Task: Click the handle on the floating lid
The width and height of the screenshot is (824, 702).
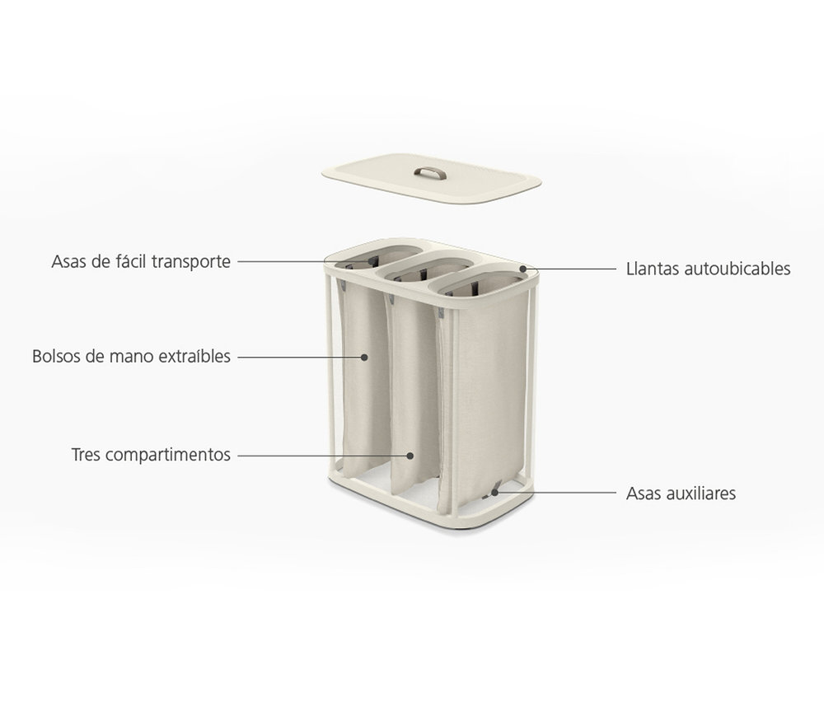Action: [x=430, y=172]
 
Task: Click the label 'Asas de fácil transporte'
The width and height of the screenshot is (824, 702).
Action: [x=141, y=262]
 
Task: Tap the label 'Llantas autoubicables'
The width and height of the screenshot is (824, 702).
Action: [x=709, y=269]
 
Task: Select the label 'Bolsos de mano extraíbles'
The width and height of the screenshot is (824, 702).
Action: [x=131, y=356]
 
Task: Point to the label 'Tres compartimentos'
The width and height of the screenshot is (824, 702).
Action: [x=151, y=455]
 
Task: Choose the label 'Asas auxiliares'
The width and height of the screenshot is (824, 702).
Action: [x=681, y=494]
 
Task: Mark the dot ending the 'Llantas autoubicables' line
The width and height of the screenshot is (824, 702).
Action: [x=523, y=269]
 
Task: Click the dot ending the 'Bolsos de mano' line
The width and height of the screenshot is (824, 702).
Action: [x=364, y=357]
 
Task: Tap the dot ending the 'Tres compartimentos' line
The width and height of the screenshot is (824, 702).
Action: [x=410, y=456]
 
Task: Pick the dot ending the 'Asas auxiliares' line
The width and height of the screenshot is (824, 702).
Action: [x=494, y=493]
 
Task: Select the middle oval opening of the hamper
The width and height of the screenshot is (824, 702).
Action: [x=424, y=269]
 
